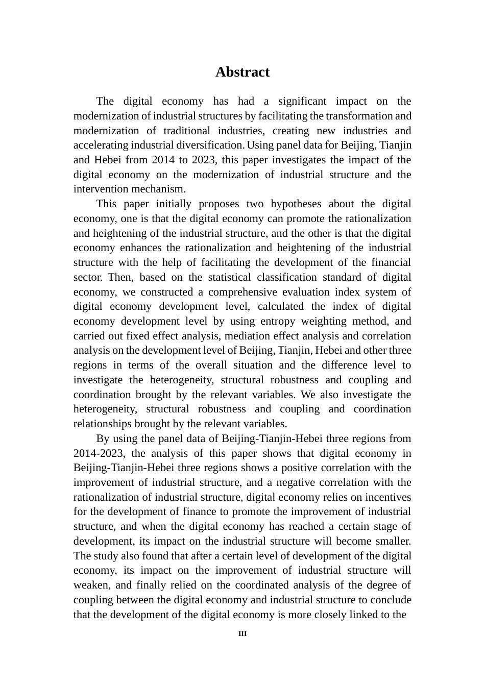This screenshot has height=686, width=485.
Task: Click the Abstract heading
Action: [x=242, y=72]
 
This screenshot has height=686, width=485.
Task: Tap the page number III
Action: [x=243, y=634]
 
